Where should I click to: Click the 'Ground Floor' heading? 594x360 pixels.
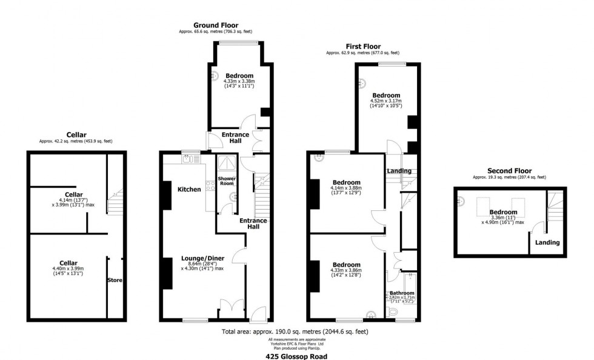click(x=215, y=25)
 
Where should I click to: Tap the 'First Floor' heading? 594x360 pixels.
click(x=362, y=46)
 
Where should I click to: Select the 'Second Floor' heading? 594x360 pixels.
click(x=509, y=171)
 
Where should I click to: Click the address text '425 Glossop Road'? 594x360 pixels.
click(x=296, y=357)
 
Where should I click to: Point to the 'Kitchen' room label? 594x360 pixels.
click(x=189, y=190)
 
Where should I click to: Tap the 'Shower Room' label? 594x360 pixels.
click(x=227, y=181)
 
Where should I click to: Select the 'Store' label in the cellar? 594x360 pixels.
click(x=115, y=280)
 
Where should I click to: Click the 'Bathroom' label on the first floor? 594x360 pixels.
click(x=401, y=293)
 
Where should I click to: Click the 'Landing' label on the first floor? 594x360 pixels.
click(x=399, y=171)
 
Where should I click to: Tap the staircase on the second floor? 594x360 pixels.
click(x=553, y=208)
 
